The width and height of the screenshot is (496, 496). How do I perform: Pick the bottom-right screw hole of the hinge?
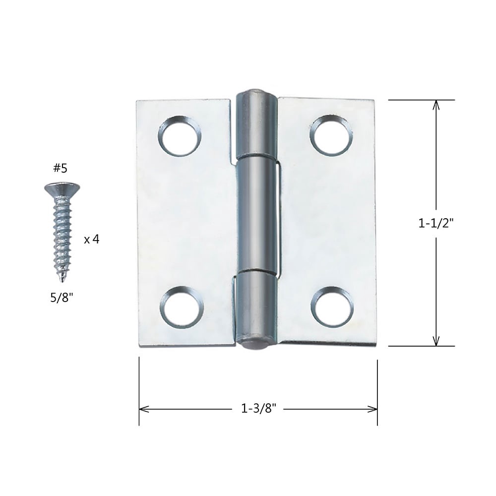coord(332,306)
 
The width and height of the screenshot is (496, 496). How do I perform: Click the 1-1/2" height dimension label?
coord(436,223)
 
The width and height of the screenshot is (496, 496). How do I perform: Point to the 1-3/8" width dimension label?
coord(258,409)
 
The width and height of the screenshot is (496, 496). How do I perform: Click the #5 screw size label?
coord(60,169)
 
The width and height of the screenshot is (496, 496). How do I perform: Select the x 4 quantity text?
coord(92,239)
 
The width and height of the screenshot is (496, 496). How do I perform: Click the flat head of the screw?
coord(62,188)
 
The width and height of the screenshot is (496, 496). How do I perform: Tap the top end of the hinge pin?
coord(255,93)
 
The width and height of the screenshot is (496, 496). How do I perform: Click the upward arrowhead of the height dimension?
coord(436,104)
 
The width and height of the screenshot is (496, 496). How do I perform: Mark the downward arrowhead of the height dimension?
coord(436,342)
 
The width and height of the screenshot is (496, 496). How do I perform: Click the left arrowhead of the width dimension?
coord(143,409)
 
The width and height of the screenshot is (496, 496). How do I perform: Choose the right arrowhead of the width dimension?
coord(373,409)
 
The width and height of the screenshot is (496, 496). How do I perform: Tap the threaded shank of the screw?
coord(62,233)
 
